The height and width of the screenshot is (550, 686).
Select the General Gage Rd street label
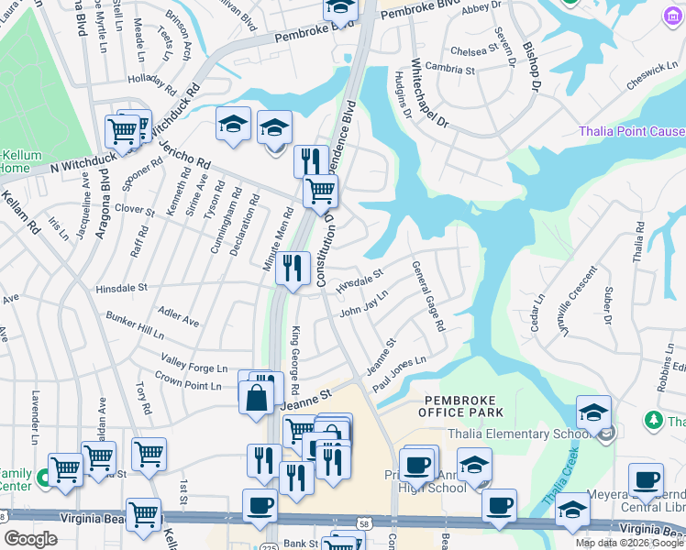[428, 296]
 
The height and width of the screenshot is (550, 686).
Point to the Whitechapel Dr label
[428, 94]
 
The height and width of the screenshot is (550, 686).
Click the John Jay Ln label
[364, 303]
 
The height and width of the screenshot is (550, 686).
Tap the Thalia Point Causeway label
[631, 131]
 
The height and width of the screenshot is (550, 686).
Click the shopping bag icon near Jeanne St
[256, 396]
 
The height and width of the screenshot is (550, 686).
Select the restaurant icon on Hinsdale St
[293, 269]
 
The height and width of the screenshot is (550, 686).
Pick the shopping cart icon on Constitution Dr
[320, 191]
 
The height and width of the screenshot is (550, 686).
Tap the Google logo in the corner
[30, 539]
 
